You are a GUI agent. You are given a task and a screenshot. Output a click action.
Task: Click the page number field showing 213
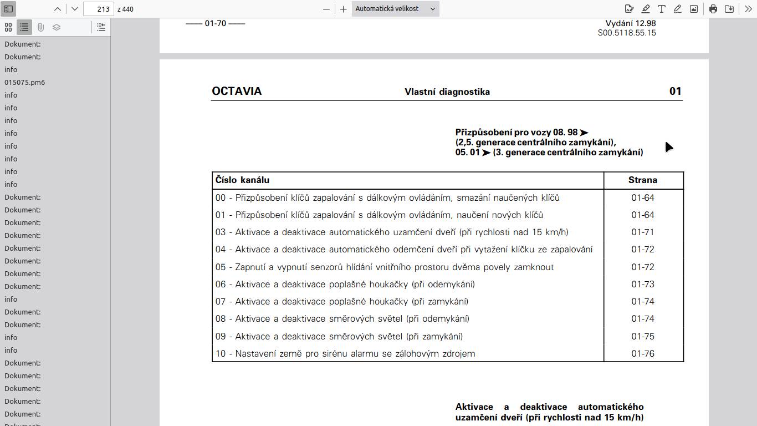(99, 9)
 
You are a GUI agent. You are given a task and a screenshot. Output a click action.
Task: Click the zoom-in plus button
(344, 9)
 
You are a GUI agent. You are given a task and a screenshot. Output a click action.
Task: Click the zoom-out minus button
(326, 9)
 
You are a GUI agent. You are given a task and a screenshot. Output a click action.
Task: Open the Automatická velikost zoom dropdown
(395, 9)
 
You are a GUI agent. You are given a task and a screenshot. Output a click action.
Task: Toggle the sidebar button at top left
(8, 9)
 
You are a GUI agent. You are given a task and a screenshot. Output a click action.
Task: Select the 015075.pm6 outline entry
(25, 82)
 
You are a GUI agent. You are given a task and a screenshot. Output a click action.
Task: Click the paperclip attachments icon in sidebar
(40, 27)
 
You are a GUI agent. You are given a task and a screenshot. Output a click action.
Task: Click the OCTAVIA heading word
(237, 92)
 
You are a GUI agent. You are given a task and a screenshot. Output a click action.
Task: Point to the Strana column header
(643, 180)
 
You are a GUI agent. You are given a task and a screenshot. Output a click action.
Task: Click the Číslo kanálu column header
(243, 180)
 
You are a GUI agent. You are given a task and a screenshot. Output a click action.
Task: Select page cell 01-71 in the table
(643, 232)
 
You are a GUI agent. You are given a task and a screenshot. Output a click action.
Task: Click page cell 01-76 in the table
(643, 353)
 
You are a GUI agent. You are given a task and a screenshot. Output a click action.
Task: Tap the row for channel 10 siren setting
(345, 353)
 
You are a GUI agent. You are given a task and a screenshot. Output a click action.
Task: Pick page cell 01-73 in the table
(643, 284)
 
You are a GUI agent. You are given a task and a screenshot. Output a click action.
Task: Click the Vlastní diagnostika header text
(447, 92)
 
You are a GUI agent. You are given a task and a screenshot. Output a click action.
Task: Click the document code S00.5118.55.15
(627, 33)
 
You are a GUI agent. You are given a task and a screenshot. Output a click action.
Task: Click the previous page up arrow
(58, 9)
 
